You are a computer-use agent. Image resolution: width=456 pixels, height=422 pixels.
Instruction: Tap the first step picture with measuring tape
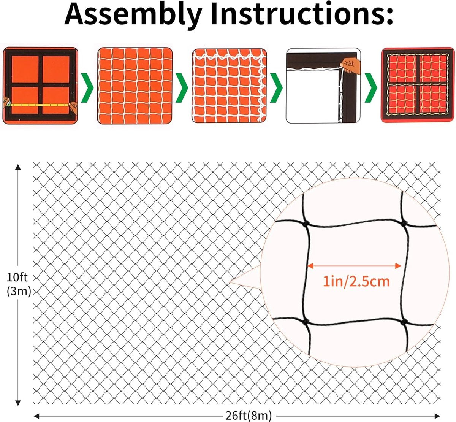pos(40,85)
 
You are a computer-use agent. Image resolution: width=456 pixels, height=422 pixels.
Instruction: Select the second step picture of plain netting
pos(135,86)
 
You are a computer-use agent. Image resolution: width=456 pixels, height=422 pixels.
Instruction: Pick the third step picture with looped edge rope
pos(229,86)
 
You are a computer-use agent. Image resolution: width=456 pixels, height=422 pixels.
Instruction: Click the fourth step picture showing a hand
pos(323,86)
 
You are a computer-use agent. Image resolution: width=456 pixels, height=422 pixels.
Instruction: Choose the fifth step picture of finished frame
pos(417,85)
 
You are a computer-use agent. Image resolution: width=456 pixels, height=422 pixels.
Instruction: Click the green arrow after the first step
pos(88,87)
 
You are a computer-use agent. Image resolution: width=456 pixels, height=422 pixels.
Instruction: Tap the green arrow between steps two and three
pos(182,87)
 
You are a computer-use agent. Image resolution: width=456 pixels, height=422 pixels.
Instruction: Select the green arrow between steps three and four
pos(276,87)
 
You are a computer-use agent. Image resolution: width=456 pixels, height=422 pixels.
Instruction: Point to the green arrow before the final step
pos(370,87)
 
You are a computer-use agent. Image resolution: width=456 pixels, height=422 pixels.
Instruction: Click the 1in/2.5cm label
pos(356,281)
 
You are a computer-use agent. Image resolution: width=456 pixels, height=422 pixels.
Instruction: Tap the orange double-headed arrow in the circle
pos(354,266)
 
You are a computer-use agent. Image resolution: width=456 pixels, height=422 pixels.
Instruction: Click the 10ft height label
pos(17,277)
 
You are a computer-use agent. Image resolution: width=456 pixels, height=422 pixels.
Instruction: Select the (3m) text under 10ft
pos(19,291)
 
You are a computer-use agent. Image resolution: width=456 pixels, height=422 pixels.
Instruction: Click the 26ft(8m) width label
pos(249,416)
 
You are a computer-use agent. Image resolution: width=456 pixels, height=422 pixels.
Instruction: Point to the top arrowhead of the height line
pos(17,167)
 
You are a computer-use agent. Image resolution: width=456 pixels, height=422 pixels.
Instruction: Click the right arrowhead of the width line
pos(438,416)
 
